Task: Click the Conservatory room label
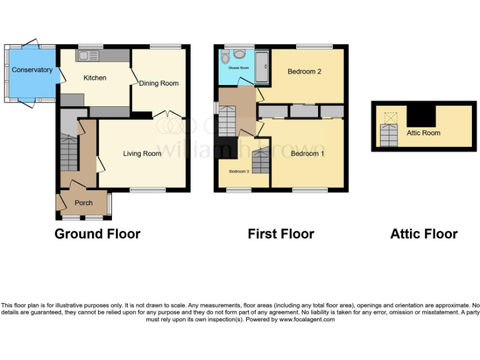[x=32, y=70]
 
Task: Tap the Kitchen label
[x=95, y=78]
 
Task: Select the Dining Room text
[x=159, y=83]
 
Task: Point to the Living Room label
[x=142, y=153]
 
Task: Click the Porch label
[x=84, y=202]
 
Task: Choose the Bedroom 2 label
[x=304, y=71]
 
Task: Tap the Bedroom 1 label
[x=307, y=153]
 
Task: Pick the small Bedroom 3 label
[x=239, y=171]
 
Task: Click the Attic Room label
[x=423, y=132]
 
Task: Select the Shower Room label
[x=238, y=67]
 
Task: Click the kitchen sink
[x=88, y=56]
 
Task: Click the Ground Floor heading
[x=97, y=234]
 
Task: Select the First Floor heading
[x=281, y=234]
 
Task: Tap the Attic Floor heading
[x=424, y=234]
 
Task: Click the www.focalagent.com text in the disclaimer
[x=306, y=319]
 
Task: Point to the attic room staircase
[x=388, y=134]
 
